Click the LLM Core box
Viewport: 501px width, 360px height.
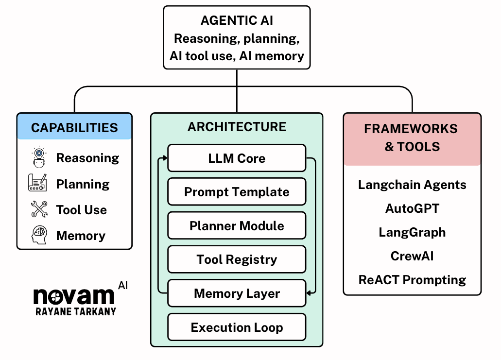(x=237, y=158)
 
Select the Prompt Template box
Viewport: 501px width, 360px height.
(x=237, y=192)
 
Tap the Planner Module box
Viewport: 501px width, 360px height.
(x=237, y=226)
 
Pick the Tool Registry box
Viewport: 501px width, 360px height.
(x=237, y=259)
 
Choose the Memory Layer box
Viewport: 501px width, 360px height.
(x=237, y=293)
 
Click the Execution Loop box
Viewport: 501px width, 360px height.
(x=237, y=327)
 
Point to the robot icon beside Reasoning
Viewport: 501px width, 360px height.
(x=39, y=157)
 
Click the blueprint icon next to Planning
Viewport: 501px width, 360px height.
(x=38, y=183)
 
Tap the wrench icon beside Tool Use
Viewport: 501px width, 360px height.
(x=39, y=209)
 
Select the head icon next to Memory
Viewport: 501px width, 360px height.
(x=39, y=236)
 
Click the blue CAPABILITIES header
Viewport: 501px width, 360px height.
(x=74, y=127)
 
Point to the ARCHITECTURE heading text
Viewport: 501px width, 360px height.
(x=237, y=127)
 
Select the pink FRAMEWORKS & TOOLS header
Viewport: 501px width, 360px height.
(x=412, y=137)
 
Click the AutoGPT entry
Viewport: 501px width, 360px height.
(x=412, y=208)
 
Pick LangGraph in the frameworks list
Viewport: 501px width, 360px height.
(x=412, y=232)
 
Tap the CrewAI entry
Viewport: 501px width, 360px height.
(x=412, y=256)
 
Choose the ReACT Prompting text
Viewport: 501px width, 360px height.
(x=412, y=280)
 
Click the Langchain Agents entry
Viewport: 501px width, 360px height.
(x=412, y=185)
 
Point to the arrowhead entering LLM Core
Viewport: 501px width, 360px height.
(x=165, y=158)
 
